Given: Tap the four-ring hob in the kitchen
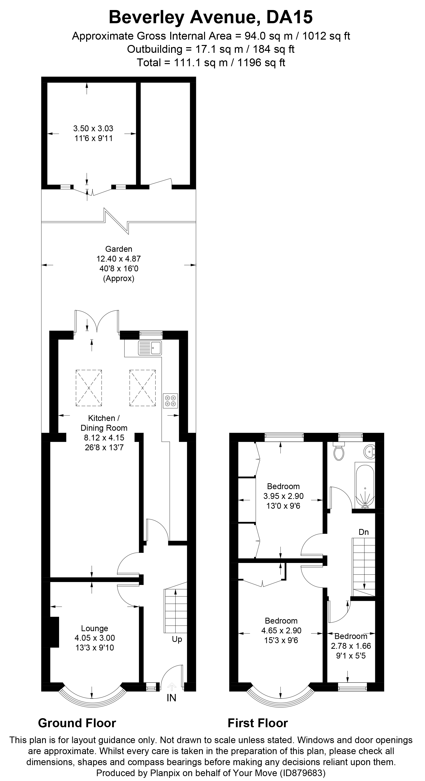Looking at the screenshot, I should point(170,400).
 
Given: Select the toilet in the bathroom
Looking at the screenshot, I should point(338,451).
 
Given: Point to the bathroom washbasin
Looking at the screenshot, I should point(370,451).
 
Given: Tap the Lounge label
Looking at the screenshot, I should point(94,628).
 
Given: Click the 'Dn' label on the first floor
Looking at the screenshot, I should point(363,532).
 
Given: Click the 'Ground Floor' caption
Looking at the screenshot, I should point(77,723).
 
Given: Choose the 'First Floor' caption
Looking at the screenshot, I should point(258,723).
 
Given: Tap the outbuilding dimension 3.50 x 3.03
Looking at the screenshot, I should point(93,128).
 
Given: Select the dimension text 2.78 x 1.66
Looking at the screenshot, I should point(351,646).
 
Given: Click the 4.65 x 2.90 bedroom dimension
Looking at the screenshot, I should point(281,631).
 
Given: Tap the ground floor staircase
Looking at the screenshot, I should point(175,611).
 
